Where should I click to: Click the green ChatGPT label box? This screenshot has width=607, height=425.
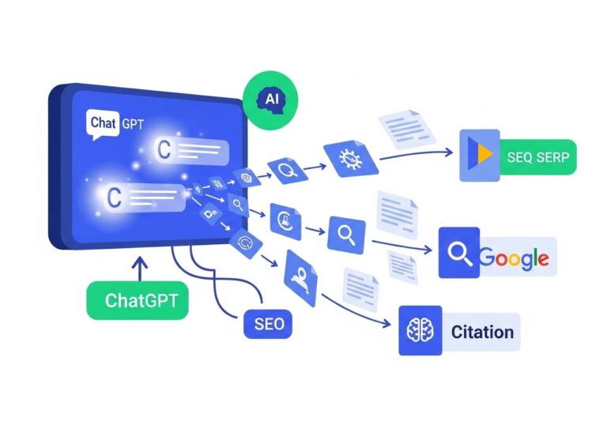[x=137, y=301]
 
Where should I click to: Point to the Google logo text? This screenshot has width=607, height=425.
[x=513, y=258]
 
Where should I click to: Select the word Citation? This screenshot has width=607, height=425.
[x=482, y=332]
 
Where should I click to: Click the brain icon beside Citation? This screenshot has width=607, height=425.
[x=420, y=332]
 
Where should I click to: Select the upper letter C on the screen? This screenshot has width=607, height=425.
[x=164, y=151]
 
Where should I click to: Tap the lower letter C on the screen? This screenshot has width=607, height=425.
[x=114, y=197]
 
